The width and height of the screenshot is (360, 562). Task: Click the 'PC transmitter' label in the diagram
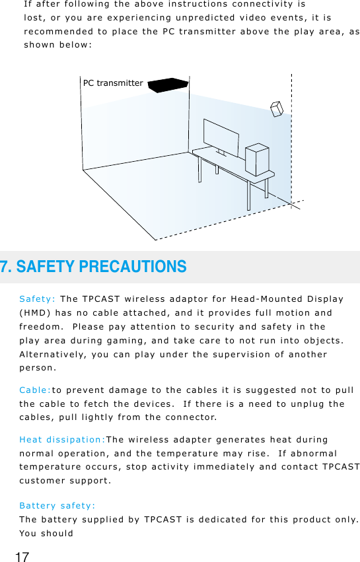click(x=112, y=83)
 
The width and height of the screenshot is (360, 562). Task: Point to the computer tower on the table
click(x=256, y=160)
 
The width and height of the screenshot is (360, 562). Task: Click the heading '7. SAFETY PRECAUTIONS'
click(x=93, y=267)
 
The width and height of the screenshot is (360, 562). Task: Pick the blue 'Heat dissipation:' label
click(x=62, y=439)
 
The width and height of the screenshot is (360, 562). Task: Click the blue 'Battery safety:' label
click(x=57, y=506)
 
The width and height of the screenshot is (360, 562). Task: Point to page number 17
click(x=22, y=557)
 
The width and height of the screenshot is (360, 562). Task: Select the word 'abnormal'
click(x=310, y=454)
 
